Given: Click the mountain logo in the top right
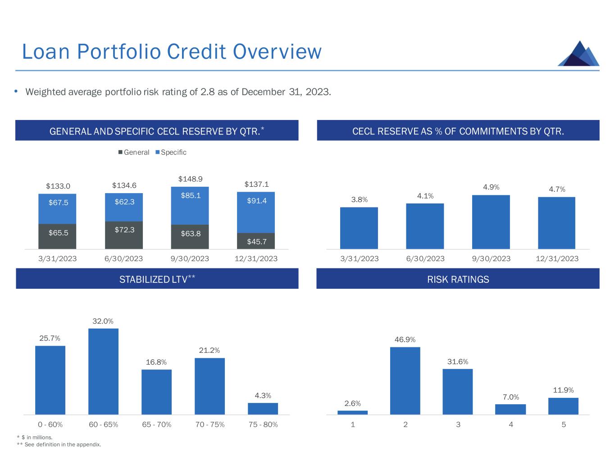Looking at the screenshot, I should click(579, 54).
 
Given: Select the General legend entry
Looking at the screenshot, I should click(134, 152).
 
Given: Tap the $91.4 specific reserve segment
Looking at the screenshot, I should click(256, 212).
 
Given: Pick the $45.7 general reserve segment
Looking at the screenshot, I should click(256, 241).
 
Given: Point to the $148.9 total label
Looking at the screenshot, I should click(190, 179).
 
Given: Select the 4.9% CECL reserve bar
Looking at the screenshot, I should click(491, 222).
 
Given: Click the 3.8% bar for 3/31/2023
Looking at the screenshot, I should click(359, 228).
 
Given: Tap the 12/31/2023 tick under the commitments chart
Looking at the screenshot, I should click(557, 259).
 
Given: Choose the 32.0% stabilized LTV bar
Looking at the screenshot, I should click(103, 371).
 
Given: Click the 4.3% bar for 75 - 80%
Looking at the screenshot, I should click(263, 409).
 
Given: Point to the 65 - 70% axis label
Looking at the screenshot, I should click(156, 425).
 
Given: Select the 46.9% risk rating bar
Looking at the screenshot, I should click(405, 381).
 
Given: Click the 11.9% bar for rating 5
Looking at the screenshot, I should click(563, 406).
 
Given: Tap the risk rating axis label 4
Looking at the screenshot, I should click(511, 425).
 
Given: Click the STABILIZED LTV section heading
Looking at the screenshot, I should click(157, 279).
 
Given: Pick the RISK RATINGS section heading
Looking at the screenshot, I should click(458, 279).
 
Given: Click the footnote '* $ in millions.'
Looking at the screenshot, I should click(35, 437).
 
